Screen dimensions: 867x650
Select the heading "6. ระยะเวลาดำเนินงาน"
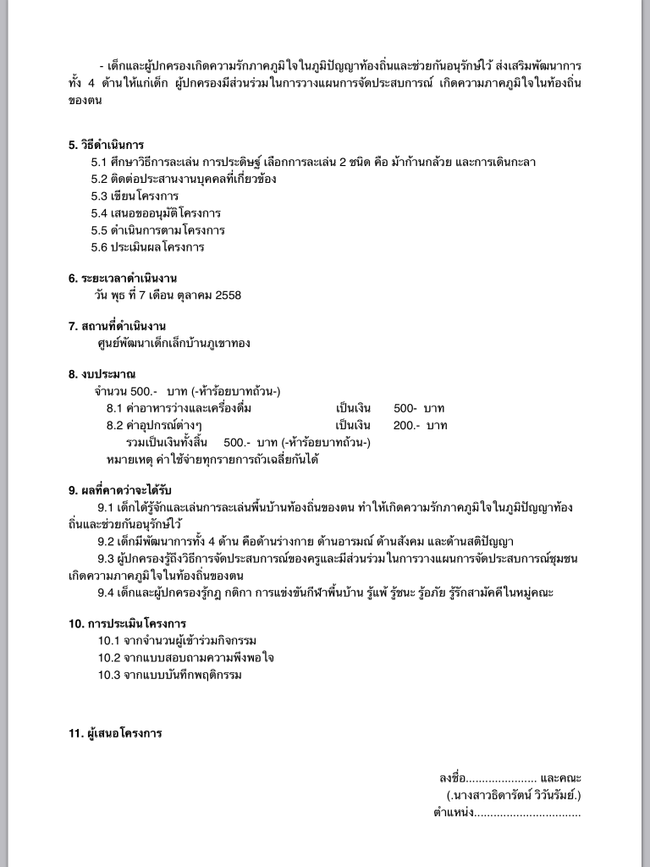123,279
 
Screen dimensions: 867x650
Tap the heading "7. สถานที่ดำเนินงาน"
117,326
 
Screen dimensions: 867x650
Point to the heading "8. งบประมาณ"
102,374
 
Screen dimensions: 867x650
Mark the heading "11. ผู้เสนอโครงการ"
115,733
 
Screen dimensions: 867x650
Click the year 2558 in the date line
229,295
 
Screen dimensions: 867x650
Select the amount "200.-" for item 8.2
406,426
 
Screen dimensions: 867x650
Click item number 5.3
101,196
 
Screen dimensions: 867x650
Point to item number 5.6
101,248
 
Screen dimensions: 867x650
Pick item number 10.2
109,658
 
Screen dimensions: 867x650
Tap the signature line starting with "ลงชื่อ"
510,778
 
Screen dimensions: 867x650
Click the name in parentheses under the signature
514,796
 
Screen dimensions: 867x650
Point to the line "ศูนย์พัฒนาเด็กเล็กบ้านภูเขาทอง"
174,344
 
